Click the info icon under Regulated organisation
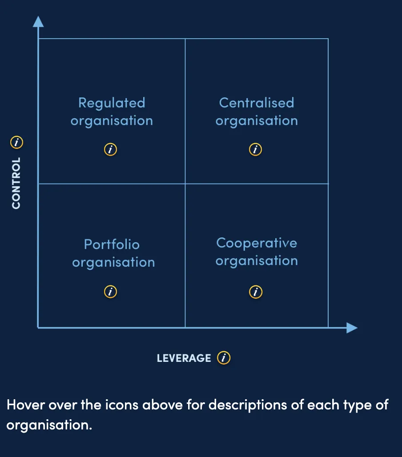(110, 149)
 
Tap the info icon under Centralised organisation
(255, 149)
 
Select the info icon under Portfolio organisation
(110, 292)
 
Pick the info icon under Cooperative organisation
(256, 292)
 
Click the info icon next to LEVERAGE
(224, 357)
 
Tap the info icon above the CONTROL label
(16, 142)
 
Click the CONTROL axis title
(16, 183)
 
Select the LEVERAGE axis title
(184, 358)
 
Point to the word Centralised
(257, 103)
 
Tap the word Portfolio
(112, 244)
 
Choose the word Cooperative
(257, 244)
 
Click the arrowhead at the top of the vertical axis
(38, 22)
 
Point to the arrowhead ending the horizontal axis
(352, 328)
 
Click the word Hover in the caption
(26, 405)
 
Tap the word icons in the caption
(121, 405)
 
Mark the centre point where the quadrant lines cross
(185, 184)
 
